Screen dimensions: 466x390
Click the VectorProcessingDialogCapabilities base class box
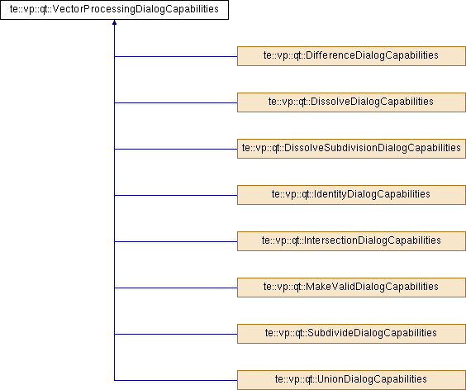[x=114, y=10]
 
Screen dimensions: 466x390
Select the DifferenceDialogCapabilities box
[x=351, y=56]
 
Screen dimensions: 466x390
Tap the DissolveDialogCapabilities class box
[x=351, y=102]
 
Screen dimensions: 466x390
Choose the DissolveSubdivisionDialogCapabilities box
[x=351, y=149]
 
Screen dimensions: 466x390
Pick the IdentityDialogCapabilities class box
[x=351, y=195]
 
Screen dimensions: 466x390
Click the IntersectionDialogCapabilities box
[x=351, y=241]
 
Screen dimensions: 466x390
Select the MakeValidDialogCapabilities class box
[x=351, y=288]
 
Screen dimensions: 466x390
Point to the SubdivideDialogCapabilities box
[x=351, y=334]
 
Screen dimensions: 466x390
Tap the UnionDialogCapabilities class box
[x=351, y=380]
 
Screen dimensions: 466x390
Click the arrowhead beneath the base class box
[x=114, y=22]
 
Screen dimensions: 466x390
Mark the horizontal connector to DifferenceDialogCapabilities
[x=176, y=56]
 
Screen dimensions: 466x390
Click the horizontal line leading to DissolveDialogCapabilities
[x=176, y=102]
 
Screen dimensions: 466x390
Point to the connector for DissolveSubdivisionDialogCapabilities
[x=176, y=149]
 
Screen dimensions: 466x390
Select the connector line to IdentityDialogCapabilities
[x=176, y=195]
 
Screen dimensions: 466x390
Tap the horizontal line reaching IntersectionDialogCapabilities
[x=176, y=241]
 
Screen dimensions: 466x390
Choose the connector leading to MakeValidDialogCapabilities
[x=176, y=288]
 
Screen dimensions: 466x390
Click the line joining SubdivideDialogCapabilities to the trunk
[x=176, y=334]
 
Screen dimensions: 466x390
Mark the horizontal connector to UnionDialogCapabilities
[x=176, y=380]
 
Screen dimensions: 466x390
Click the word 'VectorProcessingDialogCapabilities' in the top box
[x=136, y=9]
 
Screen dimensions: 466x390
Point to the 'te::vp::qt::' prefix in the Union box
[x=296, y=379]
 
